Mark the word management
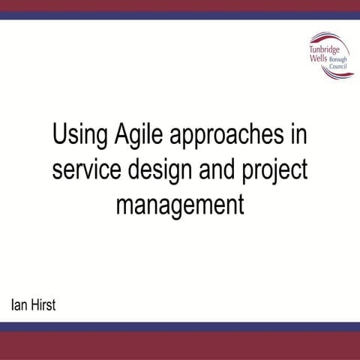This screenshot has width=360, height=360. pos(180,204)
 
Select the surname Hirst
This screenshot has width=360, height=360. pos(44,306)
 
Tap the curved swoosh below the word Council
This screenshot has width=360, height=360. pos(334,74)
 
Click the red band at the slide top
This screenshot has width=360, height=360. pos(180,5)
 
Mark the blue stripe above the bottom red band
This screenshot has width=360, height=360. pos(180,326)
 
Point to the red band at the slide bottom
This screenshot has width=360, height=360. pos(180,345)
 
